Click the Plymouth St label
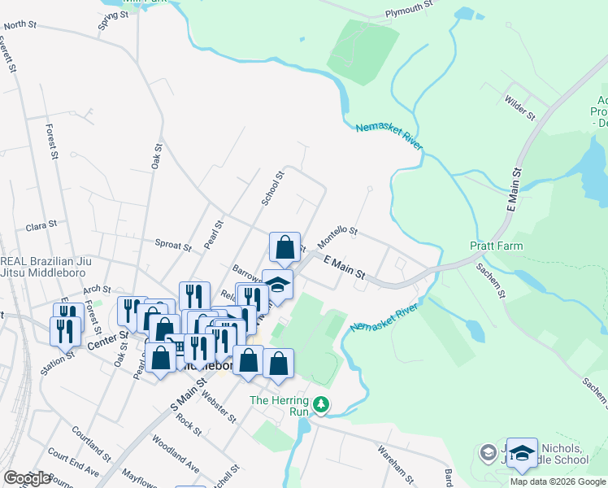410,9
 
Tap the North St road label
21,25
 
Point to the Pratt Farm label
496,246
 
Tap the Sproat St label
172,243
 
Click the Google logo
27,478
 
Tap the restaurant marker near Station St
64,330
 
